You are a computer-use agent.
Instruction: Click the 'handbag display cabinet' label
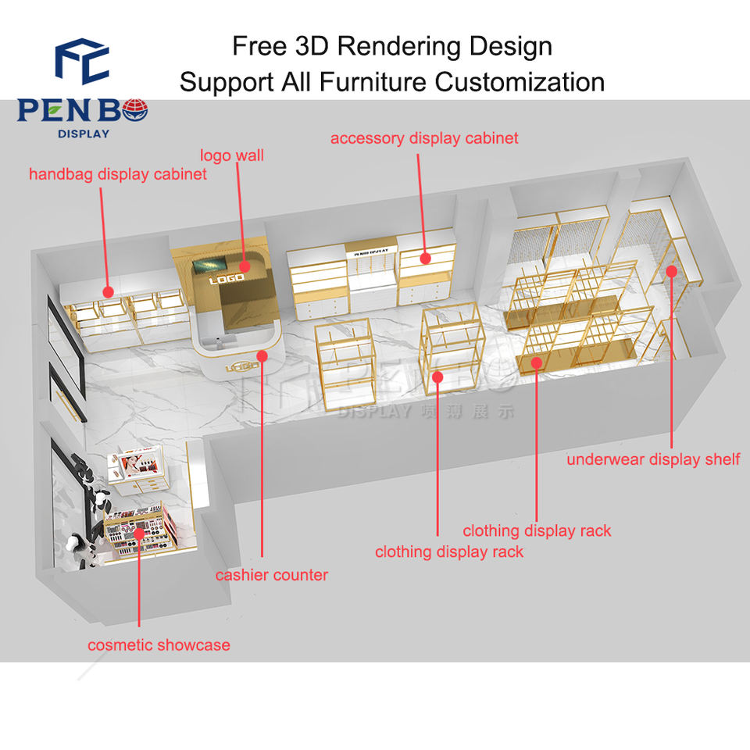[118, 173]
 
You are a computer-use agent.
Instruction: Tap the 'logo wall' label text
[232, 155]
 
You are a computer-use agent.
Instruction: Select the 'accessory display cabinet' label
[424, 138]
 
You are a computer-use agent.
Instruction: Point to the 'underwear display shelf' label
[653, 459]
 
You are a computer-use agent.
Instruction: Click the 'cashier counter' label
[272, 575]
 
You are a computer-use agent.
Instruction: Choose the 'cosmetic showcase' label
[159, 645]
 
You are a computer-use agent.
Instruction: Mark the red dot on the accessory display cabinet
[425, 257]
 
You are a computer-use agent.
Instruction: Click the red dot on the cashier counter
[262, 356]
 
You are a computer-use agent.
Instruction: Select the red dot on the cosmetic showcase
[139, 534]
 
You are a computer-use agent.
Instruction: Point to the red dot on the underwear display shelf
[672, 270]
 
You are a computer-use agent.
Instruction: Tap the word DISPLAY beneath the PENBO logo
[83, 133]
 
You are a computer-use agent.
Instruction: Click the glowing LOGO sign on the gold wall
[227, 278]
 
